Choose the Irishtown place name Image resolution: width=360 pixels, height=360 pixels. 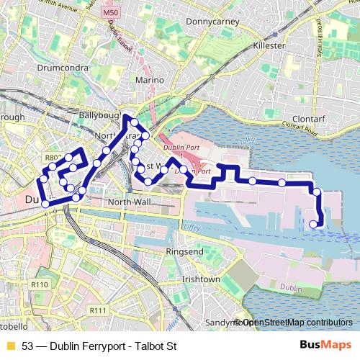(x=201, y=279)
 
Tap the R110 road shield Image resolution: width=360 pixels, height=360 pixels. (x=40, y=284)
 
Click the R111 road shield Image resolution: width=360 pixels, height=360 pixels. (x=97, y=310)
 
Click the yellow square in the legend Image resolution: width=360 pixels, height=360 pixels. (x=10, y=346)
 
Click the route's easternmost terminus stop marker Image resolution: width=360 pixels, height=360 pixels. (x=313, y=225)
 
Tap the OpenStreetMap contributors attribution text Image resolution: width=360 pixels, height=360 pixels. (x=296, y=322)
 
